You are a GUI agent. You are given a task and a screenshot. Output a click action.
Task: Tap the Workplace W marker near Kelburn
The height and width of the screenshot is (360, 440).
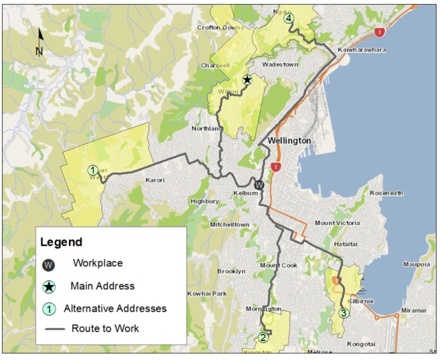tap(260, 185)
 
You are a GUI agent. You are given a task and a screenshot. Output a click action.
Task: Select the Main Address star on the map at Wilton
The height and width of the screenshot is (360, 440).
tap(247, 80)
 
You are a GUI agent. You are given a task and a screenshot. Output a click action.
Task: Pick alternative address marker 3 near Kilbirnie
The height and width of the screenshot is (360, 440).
tap(343, 313)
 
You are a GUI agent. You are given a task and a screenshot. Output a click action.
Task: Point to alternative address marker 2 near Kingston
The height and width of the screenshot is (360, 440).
tap(263, 337)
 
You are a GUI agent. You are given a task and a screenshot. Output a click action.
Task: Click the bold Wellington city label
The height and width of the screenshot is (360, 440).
tap(289, 141)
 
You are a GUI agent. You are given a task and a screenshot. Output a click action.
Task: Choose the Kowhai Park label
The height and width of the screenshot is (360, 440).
tap(207, 293)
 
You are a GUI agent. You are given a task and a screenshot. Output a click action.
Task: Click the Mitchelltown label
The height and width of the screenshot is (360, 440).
tap(229, 225)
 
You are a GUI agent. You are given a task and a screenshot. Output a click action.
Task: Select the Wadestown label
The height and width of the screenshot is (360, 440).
tap(281, 64)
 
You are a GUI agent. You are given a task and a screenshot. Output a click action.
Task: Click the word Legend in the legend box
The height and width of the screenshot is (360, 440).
tap(61, 242)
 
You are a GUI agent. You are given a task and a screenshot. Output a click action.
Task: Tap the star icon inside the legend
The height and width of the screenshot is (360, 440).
tap(48, 286)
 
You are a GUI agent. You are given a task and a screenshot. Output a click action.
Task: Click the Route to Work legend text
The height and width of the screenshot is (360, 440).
tap(106, 328)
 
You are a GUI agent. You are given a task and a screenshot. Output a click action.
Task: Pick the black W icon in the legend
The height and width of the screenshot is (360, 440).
tap(48, 265)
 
